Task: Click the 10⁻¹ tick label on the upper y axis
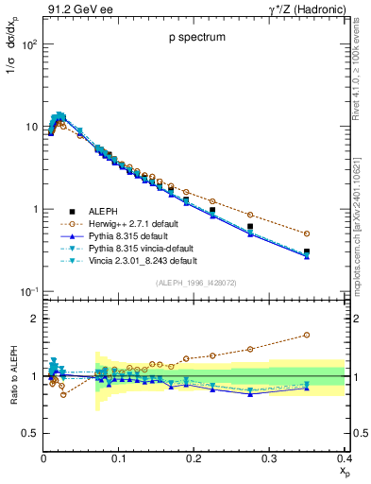pyautogui.click(x=28, y=291)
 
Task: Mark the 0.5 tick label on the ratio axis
pyautogui.click(x=30, y=433)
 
